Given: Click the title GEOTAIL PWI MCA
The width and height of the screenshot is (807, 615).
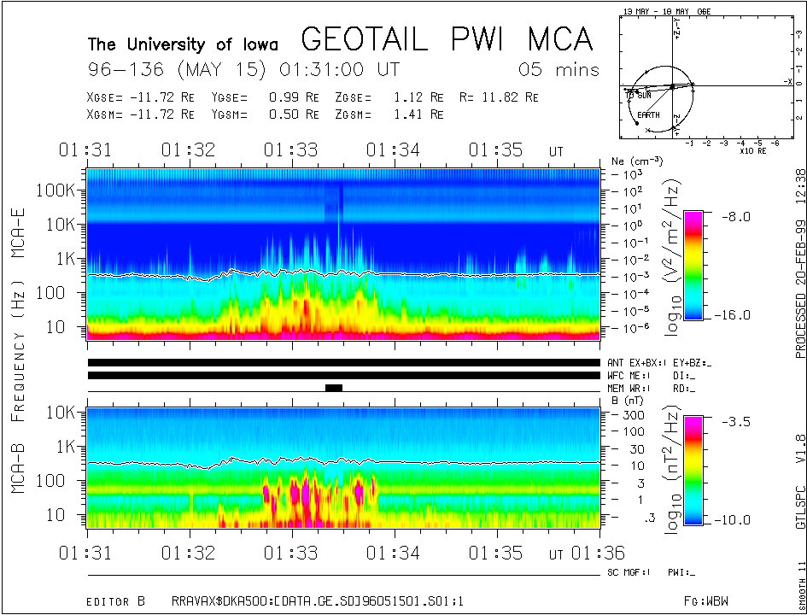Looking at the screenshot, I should [x=447, y=39].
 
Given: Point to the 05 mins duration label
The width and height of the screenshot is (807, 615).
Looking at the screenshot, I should [x=559, y=70].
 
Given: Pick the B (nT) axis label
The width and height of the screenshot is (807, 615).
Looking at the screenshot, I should [x=627, y=400].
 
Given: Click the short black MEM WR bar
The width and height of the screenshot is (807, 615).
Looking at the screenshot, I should [x=334, y=388].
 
